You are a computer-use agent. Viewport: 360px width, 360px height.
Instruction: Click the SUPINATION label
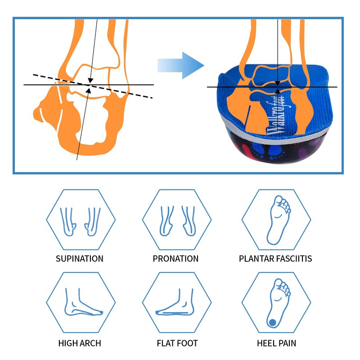(80, 259)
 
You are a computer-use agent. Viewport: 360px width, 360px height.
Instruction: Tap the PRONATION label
(175, 259)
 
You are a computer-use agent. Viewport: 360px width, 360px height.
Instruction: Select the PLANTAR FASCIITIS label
(275, 259)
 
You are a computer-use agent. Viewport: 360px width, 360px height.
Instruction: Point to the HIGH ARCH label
(80, 343)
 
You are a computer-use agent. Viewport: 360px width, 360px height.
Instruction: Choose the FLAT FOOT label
(177, 343)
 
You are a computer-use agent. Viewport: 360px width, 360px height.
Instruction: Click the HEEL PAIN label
(276, 343)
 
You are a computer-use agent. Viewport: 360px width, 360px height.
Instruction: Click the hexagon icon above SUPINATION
(80, 219)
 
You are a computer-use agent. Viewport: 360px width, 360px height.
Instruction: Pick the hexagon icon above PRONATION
(177, 219)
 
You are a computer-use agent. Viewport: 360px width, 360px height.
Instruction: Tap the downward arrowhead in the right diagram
(278, 83)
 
